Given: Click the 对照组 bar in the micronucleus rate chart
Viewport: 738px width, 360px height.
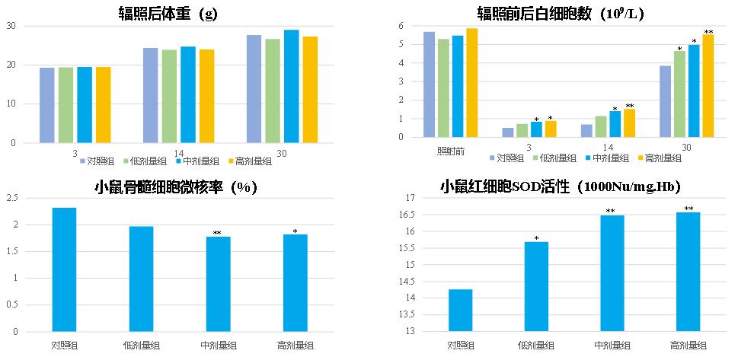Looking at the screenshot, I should tap(64, 269).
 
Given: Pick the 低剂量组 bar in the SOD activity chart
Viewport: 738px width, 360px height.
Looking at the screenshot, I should tap(536, 286).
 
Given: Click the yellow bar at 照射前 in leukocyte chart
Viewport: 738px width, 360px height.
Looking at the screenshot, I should tap(471, 82).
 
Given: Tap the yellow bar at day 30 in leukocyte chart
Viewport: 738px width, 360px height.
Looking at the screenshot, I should tap(708, 85).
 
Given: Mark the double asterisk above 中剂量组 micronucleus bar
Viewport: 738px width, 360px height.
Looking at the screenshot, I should tap(217, 233).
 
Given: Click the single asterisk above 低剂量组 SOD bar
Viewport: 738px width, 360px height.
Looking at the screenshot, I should tap(536, 238).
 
